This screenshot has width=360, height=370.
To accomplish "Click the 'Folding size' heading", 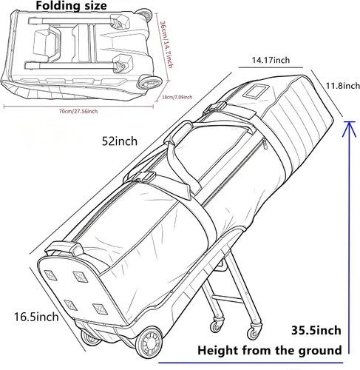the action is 71,6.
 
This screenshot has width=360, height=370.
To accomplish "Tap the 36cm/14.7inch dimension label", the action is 166,44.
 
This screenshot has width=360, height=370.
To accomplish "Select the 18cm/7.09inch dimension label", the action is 177,97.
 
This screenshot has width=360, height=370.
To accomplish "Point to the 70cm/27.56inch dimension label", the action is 78,111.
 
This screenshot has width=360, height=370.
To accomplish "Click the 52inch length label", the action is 120,141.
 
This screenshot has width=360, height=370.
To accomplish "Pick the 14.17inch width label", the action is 271,60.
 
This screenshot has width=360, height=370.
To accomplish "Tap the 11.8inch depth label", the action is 343,86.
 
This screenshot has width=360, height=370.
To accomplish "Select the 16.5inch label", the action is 36,317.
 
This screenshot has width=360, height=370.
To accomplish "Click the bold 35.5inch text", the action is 316,330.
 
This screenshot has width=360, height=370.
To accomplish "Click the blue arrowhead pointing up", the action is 349,128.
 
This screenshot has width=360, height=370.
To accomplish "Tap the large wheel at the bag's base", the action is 149,343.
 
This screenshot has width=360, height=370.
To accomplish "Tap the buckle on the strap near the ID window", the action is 215,107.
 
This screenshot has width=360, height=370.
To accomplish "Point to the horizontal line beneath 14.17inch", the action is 271,67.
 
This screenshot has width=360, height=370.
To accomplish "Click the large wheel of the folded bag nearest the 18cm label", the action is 149,83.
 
